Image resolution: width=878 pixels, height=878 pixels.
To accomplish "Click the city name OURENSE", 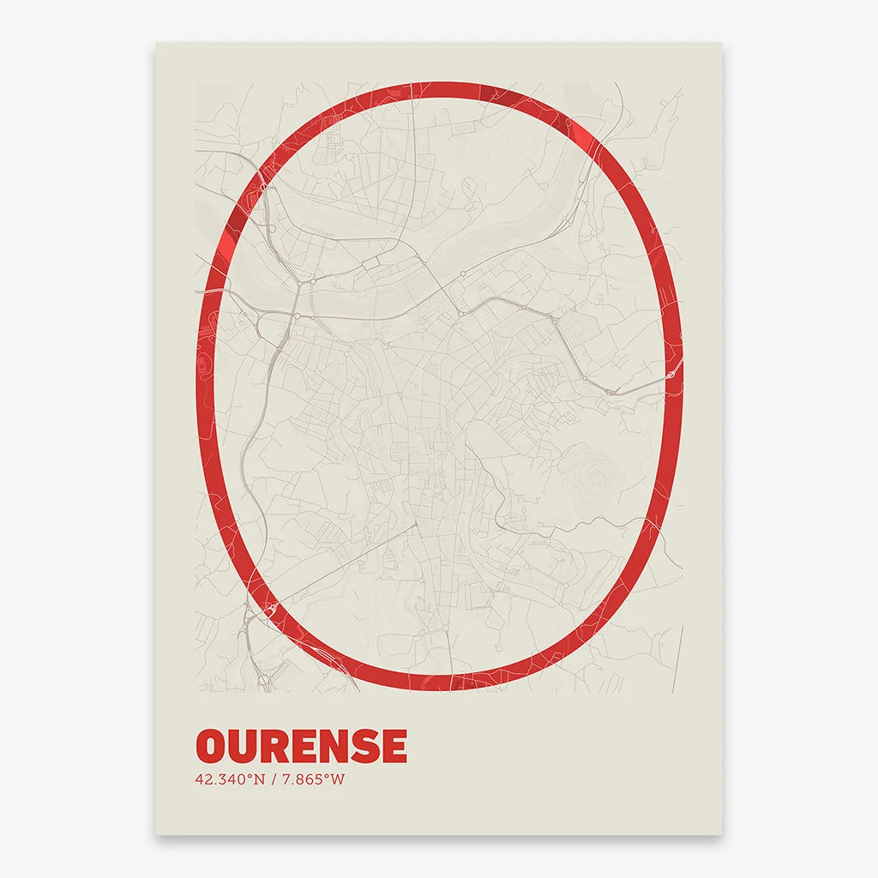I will pos(301,746).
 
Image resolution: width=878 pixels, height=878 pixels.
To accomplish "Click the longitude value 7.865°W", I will pos(312,779).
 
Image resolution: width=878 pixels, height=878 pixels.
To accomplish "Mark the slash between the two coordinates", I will pos(273,779).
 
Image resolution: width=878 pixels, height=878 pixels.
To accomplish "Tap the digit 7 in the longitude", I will pos(286,779).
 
